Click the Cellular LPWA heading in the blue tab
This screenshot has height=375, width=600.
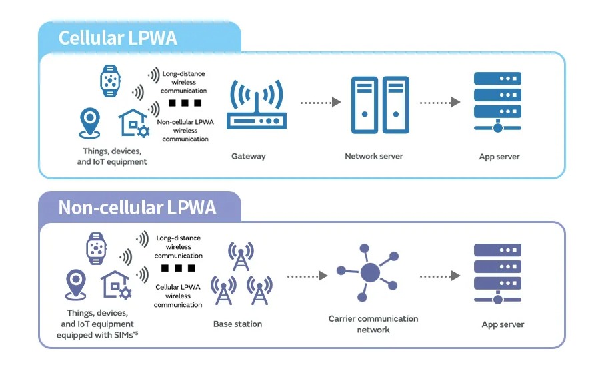118,38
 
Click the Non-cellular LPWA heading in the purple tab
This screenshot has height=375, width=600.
137,208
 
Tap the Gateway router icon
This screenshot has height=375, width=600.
256,106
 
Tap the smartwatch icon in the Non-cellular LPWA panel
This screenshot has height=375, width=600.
97,249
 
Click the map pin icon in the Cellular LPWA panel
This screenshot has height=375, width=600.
89,123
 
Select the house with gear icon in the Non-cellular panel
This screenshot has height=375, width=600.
115,285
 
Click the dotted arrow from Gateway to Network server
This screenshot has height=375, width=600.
321,102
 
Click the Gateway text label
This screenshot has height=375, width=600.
248,157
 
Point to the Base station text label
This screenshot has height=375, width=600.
237,324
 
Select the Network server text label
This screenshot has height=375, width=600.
373,157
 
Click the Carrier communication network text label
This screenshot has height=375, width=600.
373,324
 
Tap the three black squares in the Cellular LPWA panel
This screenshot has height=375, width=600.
185,103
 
